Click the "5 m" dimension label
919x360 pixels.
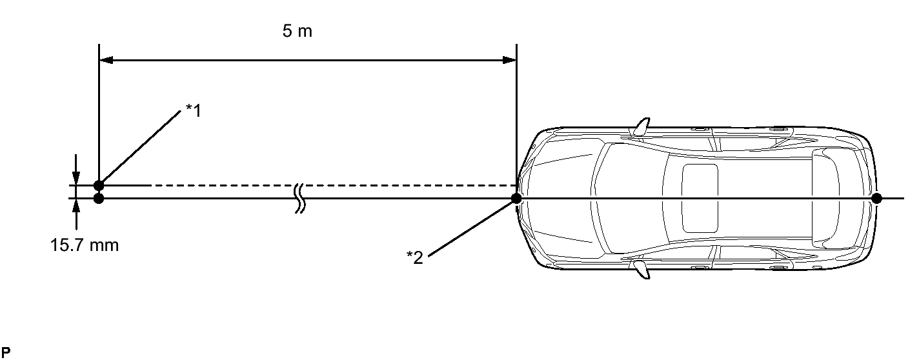(297, 31)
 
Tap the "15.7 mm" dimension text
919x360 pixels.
(85, 245)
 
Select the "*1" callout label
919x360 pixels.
(194, 110)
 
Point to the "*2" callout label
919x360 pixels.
(414, 257)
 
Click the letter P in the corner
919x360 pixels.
(6, 352)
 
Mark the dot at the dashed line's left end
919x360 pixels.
(99, 186)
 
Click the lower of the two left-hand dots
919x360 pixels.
(99, 199)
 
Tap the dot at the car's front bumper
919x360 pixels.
(516, 199)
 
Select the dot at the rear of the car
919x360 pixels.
(876, 199)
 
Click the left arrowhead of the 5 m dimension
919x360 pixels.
(106, 60)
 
